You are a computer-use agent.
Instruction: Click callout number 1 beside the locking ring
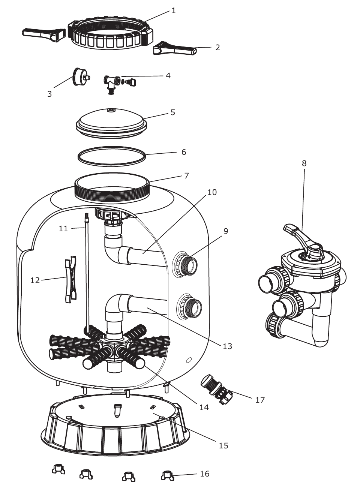click(174, 10)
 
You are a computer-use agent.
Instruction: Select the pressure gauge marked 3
click(81, 76)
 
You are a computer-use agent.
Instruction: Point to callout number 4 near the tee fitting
click(168, 75)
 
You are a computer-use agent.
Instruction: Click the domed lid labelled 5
click(111, 123)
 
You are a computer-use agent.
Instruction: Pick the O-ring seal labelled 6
click(112, 156)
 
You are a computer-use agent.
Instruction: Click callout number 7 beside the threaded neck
click(186, 175)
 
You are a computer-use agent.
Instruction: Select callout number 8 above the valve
click(304, 163)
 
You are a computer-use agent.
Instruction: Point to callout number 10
click(212, 192)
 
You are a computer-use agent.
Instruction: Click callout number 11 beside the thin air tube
click(63, 228)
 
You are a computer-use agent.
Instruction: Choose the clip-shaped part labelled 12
click(70, 279)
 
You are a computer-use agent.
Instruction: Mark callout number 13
click(228, 346)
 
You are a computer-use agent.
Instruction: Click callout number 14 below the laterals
click(204, 407)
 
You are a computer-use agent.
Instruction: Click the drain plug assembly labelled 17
click(216, 389)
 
